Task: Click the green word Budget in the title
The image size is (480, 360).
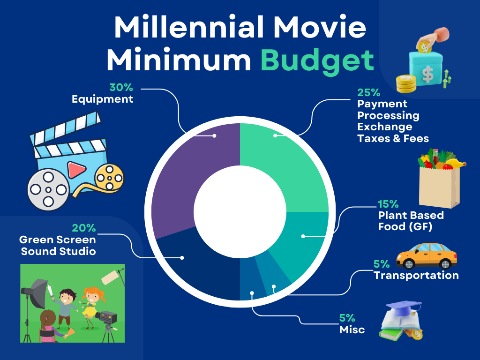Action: click(x=317, y=60)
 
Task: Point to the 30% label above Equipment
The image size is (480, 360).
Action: click(x=121, y=87)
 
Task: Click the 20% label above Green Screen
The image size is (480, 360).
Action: click(x=84, y=228)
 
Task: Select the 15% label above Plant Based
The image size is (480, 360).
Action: click(x=388, y=204)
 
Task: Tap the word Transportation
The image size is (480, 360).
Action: click(x=416, y=275)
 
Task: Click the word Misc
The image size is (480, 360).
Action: click(x=352, y=330)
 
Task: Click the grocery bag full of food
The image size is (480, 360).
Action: click(x=440, y=178)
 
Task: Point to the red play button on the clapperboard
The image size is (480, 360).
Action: click(x=76, y=170)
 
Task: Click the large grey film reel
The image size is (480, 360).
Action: click(x=48, y=190)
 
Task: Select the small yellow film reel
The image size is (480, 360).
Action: click(x=109, y=178)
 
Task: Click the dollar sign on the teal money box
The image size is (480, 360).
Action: click(x=427, y=75)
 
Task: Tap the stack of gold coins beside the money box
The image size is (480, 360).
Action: click(x=406, y=83)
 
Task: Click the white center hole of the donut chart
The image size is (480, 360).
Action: click(x=240, y=212)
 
